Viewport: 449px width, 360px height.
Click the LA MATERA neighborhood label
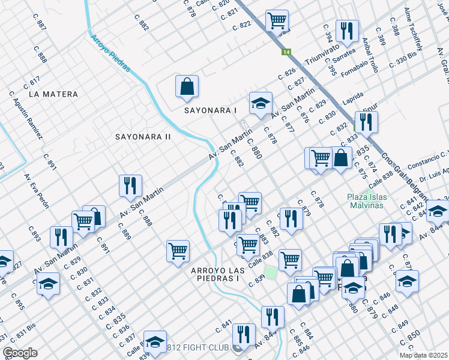(x=53, y=94)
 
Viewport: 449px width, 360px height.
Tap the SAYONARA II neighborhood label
(x=143, y=137)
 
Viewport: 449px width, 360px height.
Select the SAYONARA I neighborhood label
(x=211, y=110)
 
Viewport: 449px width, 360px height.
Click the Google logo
(x=19, y=353)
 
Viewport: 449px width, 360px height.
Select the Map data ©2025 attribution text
(x=423, y=355)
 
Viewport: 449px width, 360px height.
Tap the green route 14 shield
(x=287, y=52)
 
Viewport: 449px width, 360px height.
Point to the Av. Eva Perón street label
(x=36, y=191)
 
